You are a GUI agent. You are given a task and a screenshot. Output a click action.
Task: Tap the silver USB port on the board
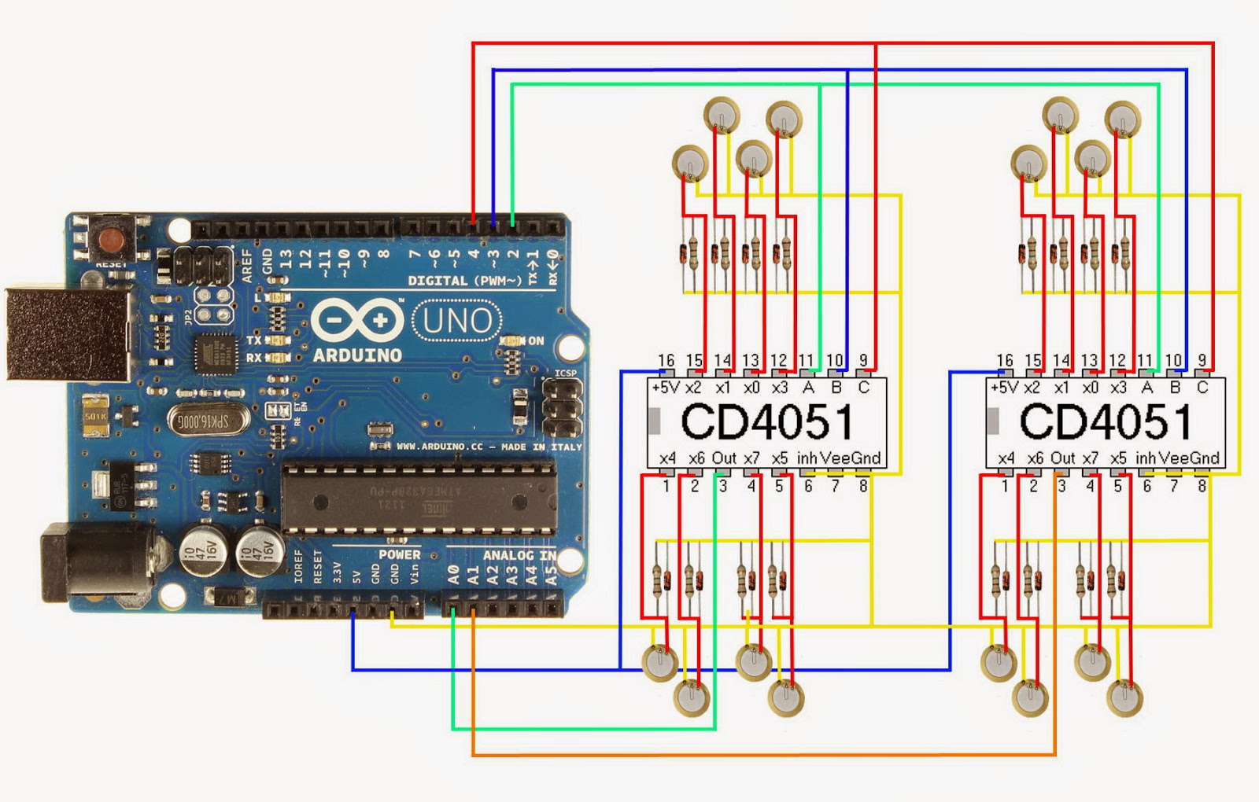coord(67,334)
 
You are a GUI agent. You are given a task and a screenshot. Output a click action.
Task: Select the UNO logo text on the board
coord(457,322)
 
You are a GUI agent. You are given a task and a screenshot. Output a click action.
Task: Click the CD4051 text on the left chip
coord(766,422)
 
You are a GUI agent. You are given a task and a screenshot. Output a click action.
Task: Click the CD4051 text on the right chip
coord(1106,422)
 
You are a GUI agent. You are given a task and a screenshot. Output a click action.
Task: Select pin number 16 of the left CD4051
coord(666,360)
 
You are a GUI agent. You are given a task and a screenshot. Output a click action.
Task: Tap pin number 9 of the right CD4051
coord(1202,360)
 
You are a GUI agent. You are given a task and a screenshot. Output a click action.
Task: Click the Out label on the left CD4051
coord(723,458)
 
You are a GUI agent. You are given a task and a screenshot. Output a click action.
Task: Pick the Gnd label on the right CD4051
coord(1204,458)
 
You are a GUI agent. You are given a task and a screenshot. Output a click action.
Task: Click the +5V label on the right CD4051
coord(1005,388)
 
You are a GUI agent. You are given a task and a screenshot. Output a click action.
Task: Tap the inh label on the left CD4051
coord(807,458)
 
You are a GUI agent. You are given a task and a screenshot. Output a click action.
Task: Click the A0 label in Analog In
coord(454,576)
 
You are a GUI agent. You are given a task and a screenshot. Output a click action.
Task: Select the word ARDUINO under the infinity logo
coord(357,355)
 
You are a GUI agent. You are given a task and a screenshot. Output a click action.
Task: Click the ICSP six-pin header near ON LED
coord(563,408)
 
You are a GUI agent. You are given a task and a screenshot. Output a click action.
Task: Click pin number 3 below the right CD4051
coord(1061,487)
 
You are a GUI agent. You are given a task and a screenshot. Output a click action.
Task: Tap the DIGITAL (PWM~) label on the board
coord(464,281)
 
